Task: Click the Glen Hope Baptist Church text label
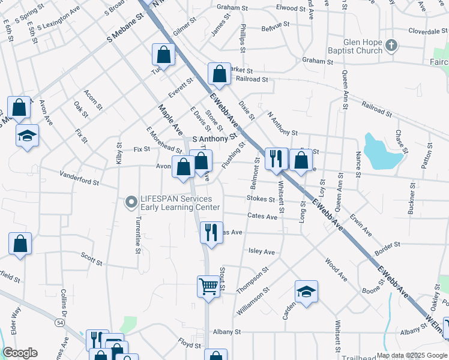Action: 363,47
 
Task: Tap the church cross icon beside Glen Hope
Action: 391,45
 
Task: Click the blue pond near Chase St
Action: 381,153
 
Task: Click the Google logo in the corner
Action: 20,353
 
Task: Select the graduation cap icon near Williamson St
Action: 306,292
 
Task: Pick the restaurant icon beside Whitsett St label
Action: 276,159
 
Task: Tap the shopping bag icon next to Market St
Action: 220,74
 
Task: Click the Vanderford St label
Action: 79,178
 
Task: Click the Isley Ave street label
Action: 261,253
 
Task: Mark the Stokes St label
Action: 260,199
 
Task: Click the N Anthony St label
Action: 282,124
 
